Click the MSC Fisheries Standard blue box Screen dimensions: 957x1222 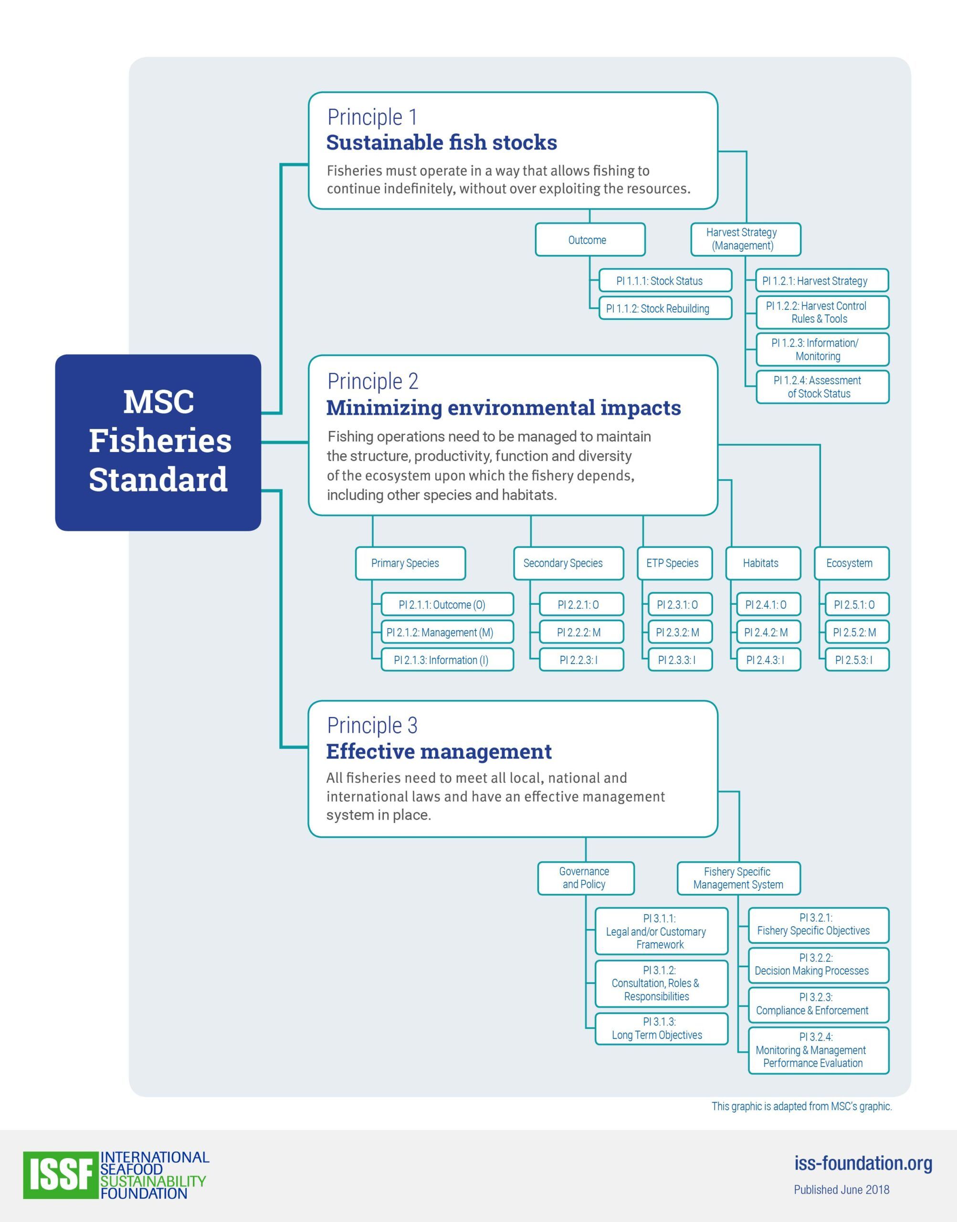click(x=158, y=442)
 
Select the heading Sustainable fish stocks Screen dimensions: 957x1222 click(x=442, y=143)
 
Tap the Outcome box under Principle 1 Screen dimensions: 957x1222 click(x=590, y=240)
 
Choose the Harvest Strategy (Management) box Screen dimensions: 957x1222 click(x=745, y=239)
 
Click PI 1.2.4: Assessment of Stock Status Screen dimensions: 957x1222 click(x=822, y=387)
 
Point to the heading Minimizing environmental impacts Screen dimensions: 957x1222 click(x=504, y=408)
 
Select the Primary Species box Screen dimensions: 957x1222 click(x=410, y=563)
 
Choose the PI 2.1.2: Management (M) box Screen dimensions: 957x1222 click(x=447, y=632)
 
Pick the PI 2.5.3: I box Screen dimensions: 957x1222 click(x=857, y=660)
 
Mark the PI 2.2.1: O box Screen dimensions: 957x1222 click(x=581, y=605)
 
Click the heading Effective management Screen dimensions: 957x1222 click(x=439, y=752)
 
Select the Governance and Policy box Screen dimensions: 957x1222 click(x=586, y=878)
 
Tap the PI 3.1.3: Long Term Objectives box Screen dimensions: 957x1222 click(x=661, y=1028)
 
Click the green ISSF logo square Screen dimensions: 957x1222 click(x=61, y=1174)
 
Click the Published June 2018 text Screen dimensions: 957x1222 click(x=841, y=1190)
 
